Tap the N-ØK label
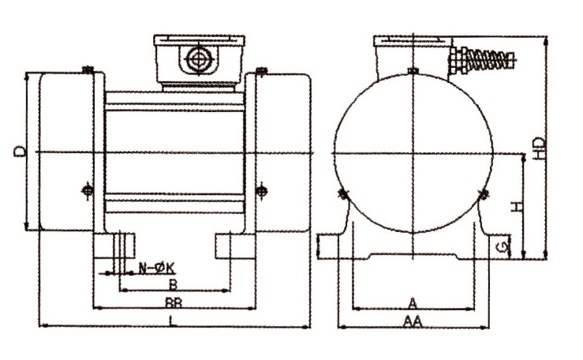(156, 268)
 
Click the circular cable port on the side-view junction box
(198, 58)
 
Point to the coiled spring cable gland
(484, 59)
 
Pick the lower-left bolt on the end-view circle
(342, 193)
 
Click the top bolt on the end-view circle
(413, 71)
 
